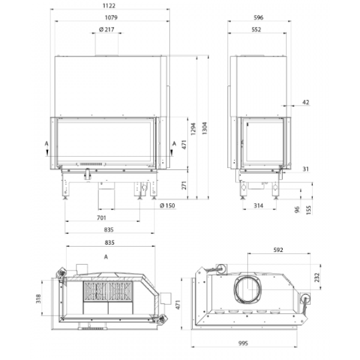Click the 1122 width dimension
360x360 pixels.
click(x=109, y=5)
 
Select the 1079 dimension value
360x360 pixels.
click(x=111, y=17)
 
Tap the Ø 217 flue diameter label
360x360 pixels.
click(x=107, y=29)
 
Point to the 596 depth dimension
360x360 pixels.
click(x=259, y=17)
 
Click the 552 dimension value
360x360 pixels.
click(x=256, y=29)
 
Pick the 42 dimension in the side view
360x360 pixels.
click(x=306, y=102)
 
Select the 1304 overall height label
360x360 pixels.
click(x=205, y=128)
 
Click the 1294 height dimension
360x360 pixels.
click(x=193, y=129)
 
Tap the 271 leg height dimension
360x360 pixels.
click(x=184, y=185)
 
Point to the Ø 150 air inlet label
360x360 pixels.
click(x=167, y=205)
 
